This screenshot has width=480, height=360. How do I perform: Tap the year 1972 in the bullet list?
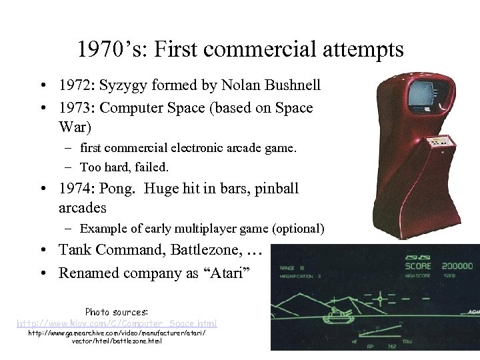tap(75, 86)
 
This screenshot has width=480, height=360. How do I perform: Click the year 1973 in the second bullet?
tap(75, 108)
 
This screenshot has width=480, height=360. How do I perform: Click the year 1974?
tap(75, 189)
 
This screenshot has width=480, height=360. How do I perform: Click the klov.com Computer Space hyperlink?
tap(117, 323)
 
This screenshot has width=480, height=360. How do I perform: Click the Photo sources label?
tap(117, 311)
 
